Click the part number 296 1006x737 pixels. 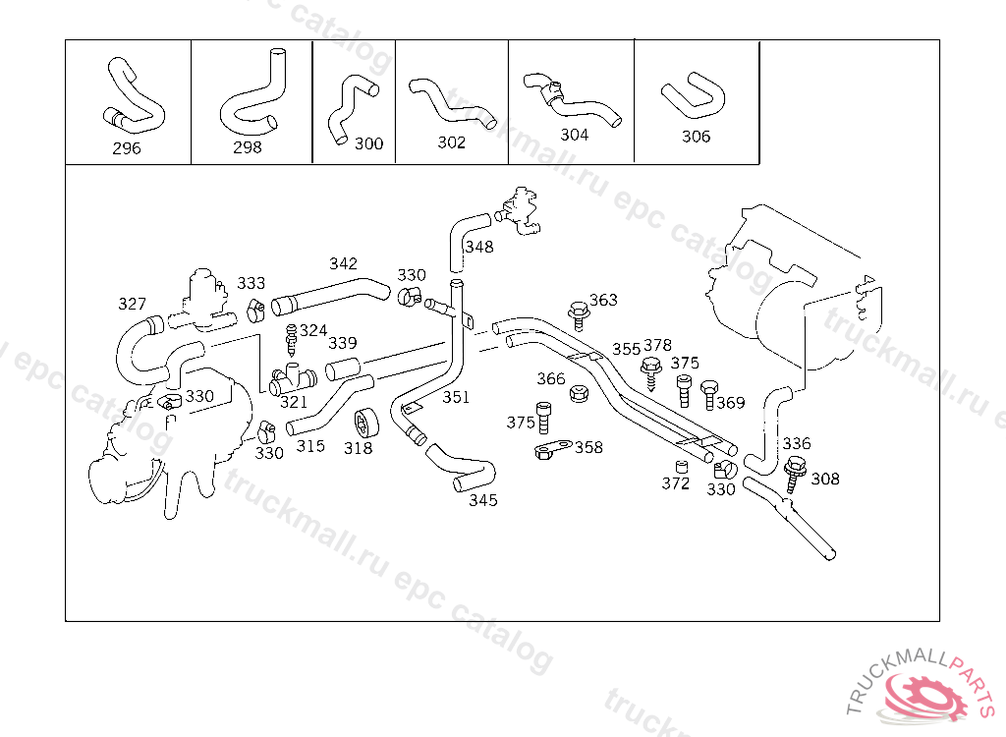click(x=127, y=148)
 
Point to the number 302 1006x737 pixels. click(x=451, y=142)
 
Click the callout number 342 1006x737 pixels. click(x=343, y=263)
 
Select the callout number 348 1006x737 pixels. click(x=479, y=247)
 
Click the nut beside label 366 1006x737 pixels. click(x=580, y=394)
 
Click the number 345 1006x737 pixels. click(x=482, y=500)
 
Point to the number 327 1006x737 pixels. click(x=132, y=304)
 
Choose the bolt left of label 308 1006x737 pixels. click(x=795, y=473)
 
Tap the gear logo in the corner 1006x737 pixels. click(x=922, y=694)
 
